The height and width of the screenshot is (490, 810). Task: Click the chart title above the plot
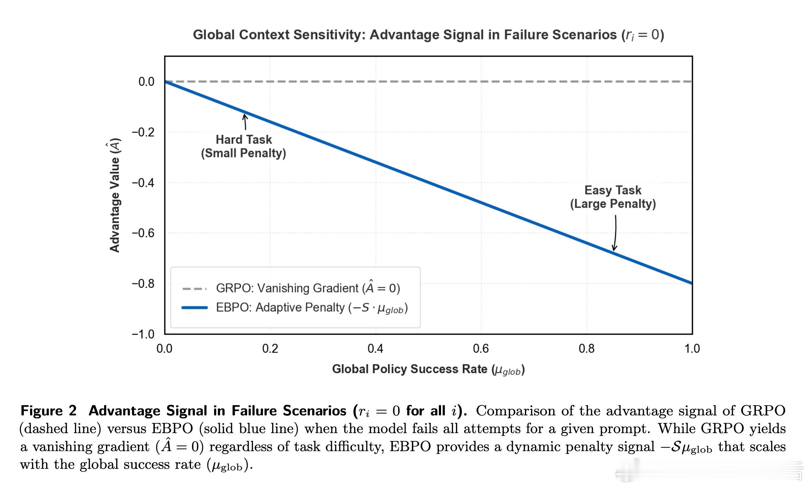(428, 35)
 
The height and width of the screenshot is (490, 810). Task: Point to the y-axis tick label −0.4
(143, 183)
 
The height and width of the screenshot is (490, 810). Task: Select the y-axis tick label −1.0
(143, 334)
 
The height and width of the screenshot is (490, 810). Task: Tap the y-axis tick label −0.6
(143, 233)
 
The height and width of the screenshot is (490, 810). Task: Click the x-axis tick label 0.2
(270, 349)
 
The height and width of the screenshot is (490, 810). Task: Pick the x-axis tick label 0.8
(587, 349)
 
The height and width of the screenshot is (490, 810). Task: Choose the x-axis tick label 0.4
(375, 349)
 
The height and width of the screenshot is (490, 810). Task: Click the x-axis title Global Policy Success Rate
(428, 370)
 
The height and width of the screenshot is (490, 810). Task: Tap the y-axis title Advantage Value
(115, 195)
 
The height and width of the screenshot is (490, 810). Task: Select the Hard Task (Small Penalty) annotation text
(244, 146)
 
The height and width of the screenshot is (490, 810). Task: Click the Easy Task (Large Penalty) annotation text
(613, 197)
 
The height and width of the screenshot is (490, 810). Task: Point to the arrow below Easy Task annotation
(615, 233)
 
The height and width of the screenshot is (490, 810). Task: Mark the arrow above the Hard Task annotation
(245, 122)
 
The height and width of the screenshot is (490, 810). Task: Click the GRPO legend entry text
(308, 288)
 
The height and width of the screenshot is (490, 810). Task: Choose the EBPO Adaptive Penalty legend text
(312, 308)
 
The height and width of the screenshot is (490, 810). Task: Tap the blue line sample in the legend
(195, 308)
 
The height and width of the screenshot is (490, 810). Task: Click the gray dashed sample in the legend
(195, 289)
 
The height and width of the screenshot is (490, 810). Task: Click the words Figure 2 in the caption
(49, 411)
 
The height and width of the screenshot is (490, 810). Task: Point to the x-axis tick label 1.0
(692, 349)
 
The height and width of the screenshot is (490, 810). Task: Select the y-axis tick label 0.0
(146, 82)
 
